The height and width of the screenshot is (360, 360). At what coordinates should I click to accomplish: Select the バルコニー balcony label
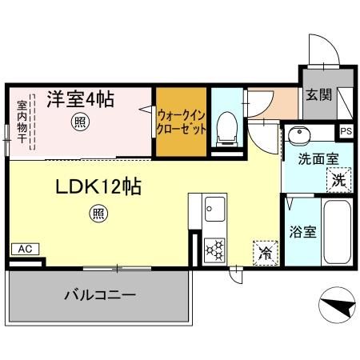point(99,294)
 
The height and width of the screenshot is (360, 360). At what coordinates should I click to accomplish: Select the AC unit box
point(25,250)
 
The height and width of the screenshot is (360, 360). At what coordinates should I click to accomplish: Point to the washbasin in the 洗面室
point(301,134)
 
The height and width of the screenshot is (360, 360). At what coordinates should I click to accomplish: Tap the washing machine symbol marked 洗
point(338,179)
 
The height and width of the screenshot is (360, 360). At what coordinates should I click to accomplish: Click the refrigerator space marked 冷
point(263,252)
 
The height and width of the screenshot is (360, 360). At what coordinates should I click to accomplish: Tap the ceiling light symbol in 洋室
point(80,122)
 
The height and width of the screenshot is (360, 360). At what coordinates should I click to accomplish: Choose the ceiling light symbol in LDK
point(96,214)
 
